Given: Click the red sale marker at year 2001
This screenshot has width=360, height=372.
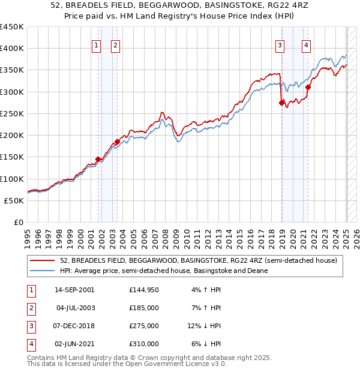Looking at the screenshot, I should tap(98, 160).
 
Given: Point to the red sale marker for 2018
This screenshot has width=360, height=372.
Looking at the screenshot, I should tap(281, 103).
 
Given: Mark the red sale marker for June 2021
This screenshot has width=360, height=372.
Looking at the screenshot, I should tap(308, 87).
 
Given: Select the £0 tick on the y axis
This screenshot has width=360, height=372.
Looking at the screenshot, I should tap(18, 222).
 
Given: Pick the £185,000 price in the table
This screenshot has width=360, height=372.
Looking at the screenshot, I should tap(144, 308).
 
